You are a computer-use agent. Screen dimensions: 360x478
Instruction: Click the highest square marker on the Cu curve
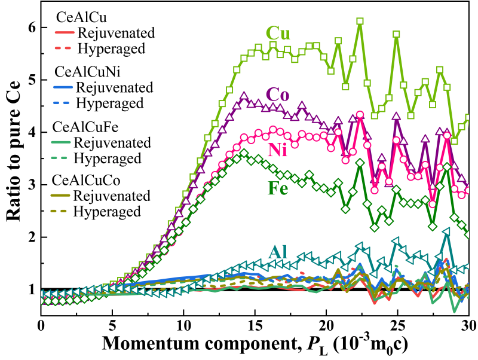click(360, 22)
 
